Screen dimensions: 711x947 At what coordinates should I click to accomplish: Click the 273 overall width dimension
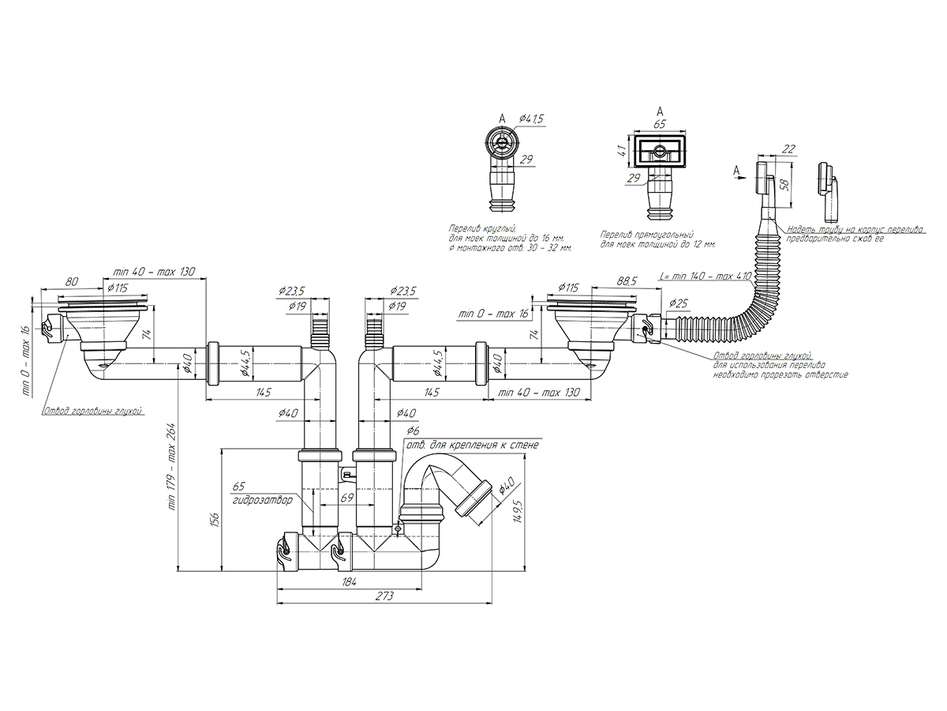click(x=384, y=596)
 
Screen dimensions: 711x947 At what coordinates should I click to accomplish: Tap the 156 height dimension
click(x=215, y=518)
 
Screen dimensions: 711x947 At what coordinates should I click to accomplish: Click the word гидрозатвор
click(x=261, y=501)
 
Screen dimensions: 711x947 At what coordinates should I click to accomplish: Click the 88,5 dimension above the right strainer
click(x=628, y=280)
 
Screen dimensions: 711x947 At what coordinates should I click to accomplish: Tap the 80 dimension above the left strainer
click(x=71, y=280)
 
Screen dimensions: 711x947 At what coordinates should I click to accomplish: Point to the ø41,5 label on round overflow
click(x=532, y=118)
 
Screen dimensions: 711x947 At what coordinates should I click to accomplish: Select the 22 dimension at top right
click(x=788, y=149)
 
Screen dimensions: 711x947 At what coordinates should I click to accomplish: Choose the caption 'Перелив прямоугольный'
click(x=646, y=235)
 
